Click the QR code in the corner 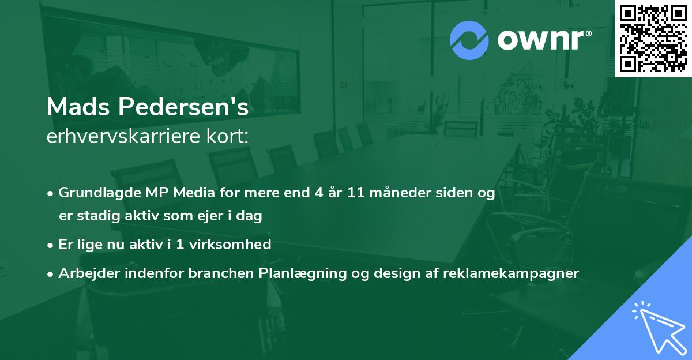point(653,39)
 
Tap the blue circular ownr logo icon point(469,40)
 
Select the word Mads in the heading point(78,107)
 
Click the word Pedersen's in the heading point(183,107)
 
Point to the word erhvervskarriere point(123,136)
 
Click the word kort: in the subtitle point(227,136)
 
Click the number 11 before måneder point(356,193)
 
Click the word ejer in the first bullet point(212,216)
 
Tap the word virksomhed point(230,244)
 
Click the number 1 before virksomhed point(180,245)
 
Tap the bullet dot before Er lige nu point(50,246)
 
